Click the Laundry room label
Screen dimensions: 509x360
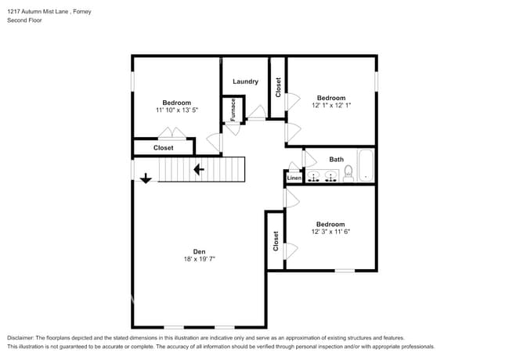(245, 81)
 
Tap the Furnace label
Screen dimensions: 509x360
(233, 110)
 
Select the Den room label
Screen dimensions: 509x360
(200, 251)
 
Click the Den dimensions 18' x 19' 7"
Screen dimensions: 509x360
(200, 259)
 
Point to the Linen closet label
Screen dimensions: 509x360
(294, 178)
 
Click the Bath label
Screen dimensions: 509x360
(336, 159)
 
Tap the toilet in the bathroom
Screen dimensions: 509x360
(348, 173)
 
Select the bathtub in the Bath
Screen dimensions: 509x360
(366, 165)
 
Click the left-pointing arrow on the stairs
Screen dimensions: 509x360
(199, 169)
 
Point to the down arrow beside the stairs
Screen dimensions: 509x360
(146, 178)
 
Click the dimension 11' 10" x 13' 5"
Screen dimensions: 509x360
(177, 110)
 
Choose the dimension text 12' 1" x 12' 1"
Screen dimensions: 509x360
(331, 105)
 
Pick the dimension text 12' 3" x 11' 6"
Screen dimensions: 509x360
(330, 232)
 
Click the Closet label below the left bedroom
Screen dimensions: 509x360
(164, 148)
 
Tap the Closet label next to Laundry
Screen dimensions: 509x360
(278, 88)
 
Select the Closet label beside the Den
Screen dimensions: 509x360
(276, 241)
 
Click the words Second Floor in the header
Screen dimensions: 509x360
(25, 20)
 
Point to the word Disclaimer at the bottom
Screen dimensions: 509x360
(20, 338)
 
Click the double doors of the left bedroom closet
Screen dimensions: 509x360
(172, 133)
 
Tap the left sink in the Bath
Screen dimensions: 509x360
(313, 176)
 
